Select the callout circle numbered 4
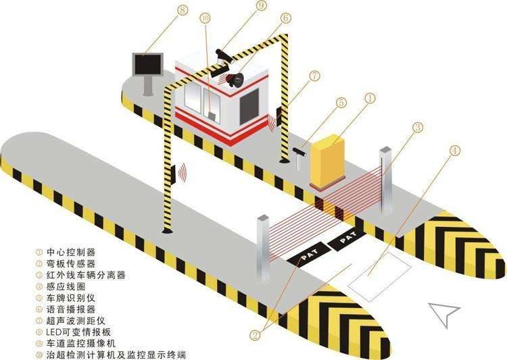454,150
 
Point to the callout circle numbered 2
255,334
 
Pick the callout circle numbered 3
418,126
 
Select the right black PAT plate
349,238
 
